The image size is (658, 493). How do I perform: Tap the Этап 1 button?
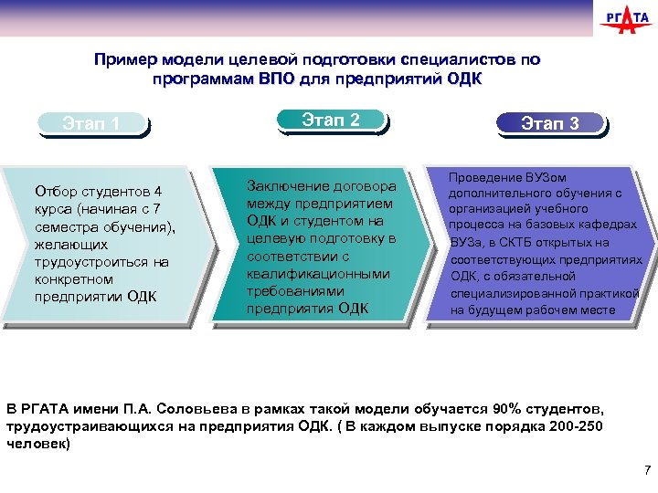[x=91, y=123]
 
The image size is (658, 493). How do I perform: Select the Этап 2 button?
[x=331, y=120]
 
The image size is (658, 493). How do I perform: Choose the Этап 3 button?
[x=549, y=123]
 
